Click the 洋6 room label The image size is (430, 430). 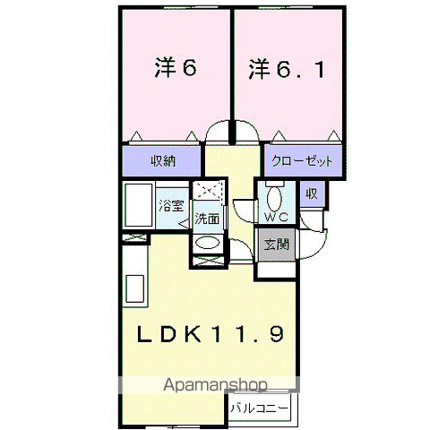176,68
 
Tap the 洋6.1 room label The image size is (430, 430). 287,69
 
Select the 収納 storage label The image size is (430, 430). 163,161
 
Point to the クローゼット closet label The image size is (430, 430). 302,161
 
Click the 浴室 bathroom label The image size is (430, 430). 171,205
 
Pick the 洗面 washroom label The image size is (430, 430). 207,219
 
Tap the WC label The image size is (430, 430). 277,217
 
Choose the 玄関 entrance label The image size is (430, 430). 277,245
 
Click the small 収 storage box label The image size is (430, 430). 312,194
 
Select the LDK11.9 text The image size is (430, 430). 211,334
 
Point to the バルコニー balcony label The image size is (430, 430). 259,408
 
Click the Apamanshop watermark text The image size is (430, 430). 215,385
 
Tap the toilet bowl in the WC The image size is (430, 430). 274,198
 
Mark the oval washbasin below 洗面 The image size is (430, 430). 207,243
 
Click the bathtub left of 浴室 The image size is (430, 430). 138,205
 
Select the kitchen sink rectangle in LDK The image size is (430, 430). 134,288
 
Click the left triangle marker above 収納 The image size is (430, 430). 137,136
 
